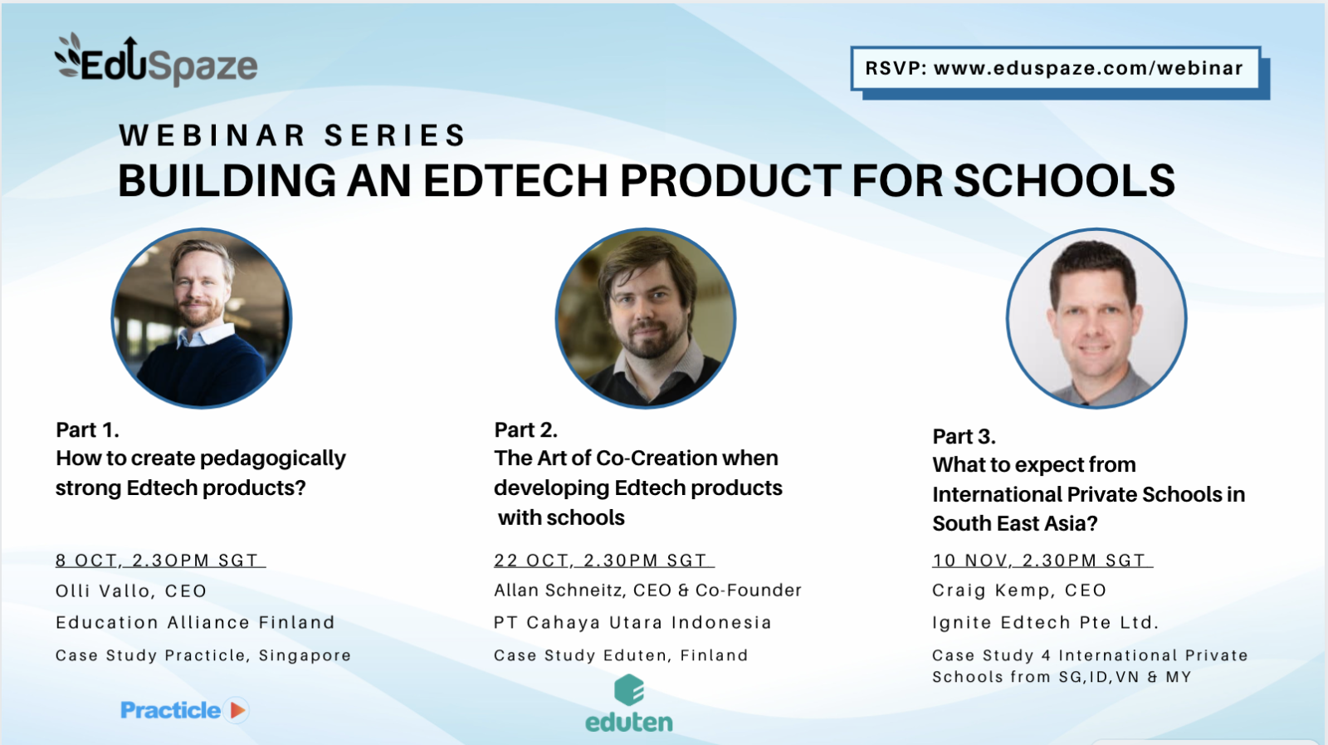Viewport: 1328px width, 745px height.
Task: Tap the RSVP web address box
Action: (1054, 68)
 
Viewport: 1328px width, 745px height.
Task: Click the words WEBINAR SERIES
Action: (292, 135)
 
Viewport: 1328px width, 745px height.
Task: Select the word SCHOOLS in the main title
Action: (1064, 180)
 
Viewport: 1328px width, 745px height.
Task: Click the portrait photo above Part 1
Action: (202, 318)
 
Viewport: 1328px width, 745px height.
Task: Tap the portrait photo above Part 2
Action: (645, 318)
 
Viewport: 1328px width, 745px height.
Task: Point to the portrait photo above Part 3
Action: (1096, 318)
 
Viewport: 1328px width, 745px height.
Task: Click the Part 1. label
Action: (87, 430)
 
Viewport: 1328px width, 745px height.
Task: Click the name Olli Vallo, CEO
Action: (131, 591)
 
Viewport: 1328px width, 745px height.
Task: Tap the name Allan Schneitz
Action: (560, 591)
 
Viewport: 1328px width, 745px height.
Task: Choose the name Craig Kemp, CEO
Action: (1019, 591)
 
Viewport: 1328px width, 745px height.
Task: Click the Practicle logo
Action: (183, 710)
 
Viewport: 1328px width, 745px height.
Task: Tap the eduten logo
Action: (629, 704)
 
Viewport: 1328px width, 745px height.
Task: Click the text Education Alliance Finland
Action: (195, 623)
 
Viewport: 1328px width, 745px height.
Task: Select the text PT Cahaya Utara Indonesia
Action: (632, 623)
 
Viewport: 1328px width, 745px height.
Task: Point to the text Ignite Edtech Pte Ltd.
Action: (1045, 623)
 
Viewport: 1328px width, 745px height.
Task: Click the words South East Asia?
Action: (1015, 524)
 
